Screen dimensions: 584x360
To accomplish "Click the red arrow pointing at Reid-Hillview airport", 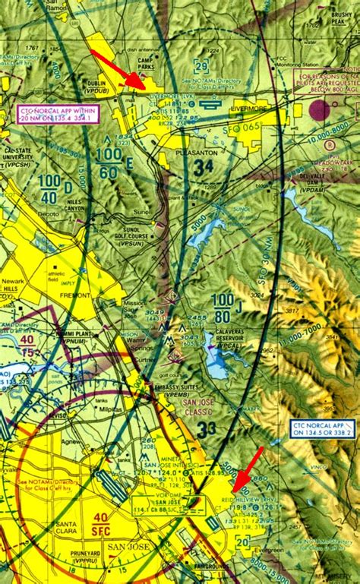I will point(248,469).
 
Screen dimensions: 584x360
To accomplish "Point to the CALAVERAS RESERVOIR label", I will point(218,340).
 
